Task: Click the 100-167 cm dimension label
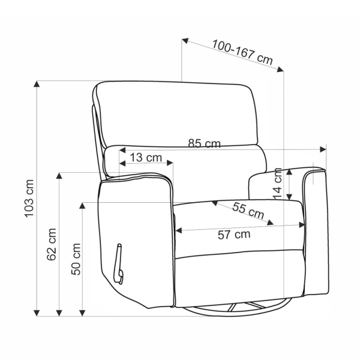pyautogui.click(x=242, y=53)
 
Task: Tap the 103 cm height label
pyautogui.click(x=29, y=199)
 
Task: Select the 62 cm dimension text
pyautogui.click(x=52, y=245)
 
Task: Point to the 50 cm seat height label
pyautogui.click(x=76, y=259)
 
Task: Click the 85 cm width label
pyautogui.click(x=205, y=143)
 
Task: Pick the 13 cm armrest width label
pyautogui.click(x=146, y=157)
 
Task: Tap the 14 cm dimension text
pyautogui.click(x=277, y=184)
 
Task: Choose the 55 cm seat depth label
pyautogui.click(x=248, y=211)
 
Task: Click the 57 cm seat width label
pyautogui.click(x=234, y=235)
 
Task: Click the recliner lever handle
pyautogui.click(x=119, y=264)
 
